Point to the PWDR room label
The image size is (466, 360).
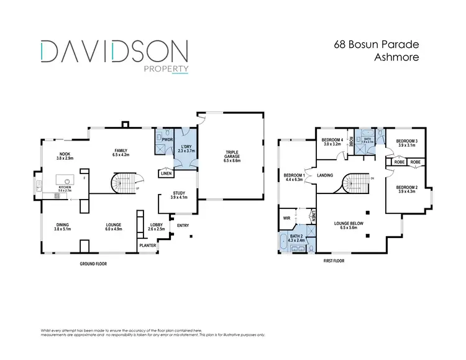coord(167,140)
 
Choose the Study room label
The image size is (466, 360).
coord(179,194)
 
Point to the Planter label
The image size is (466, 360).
coord(148,246)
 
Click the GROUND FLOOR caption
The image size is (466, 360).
coord(93,264)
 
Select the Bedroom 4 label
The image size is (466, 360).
coord(332,141)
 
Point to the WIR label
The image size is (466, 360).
coord(286,218)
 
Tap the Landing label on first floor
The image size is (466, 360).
coord(325,176)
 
